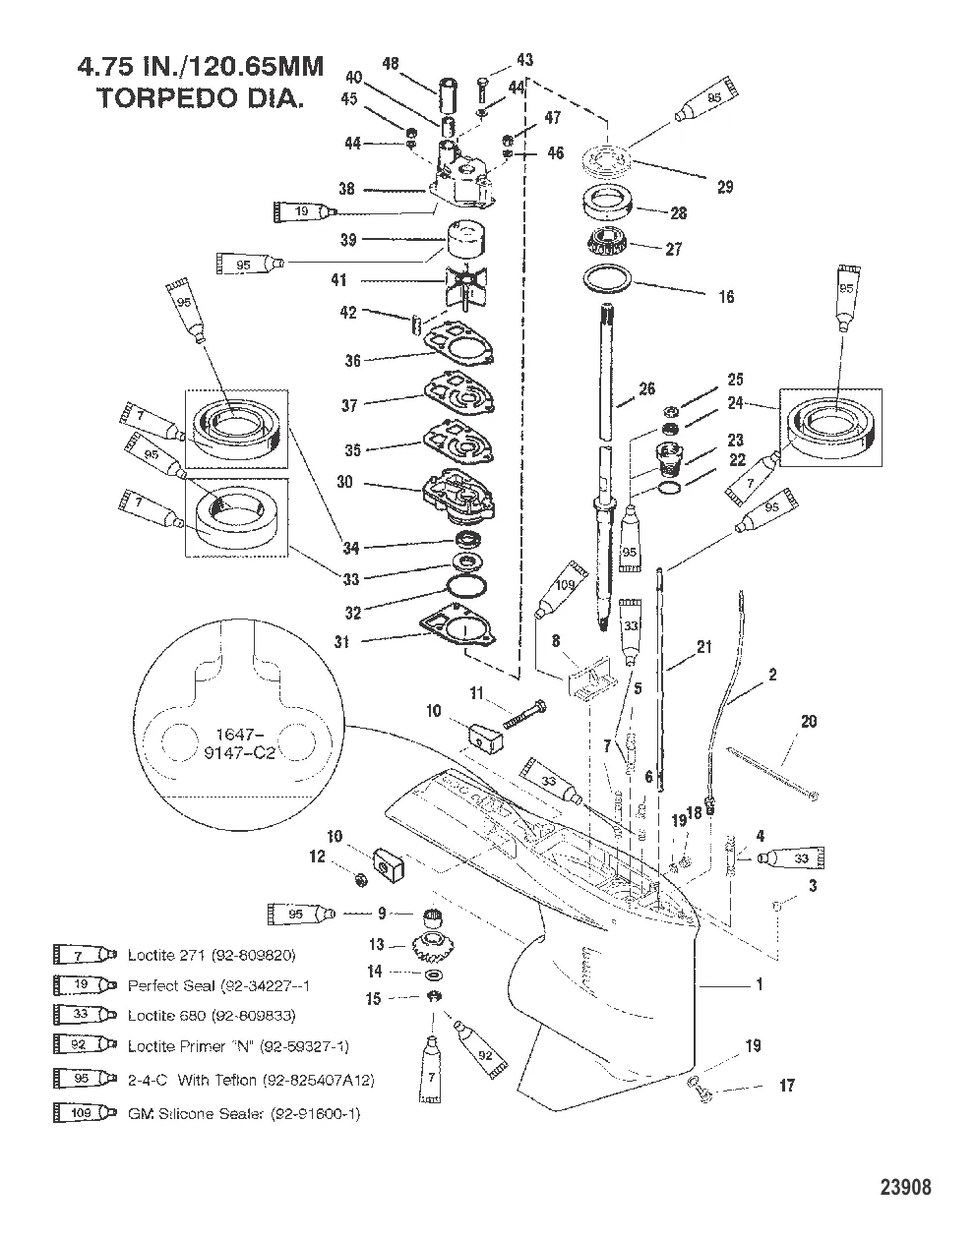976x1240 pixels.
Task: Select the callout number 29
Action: point(725,187)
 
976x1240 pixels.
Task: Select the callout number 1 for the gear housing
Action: point(759,984)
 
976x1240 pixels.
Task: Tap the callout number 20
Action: point(808,722)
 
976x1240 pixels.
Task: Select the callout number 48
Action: point(391,64)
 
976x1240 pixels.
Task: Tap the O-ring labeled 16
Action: point(612,277)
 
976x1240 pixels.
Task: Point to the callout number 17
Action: point(786,1087)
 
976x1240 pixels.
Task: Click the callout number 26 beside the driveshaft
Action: point(646,389)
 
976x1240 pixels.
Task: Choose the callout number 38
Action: point(346,189)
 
